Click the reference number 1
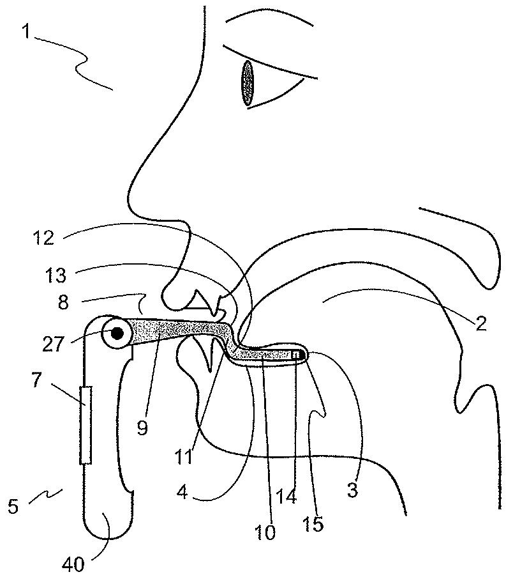pyautogui.click(x=26, y=32)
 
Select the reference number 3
pyautogui.click(x=352, y=491)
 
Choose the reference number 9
pyautogui.click(x=142, y=426)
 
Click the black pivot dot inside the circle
pyautogui.click(x=118, y=332)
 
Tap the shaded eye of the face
pyautogui.click(x=247, y=83)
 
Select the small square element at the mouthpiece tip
pyautogui.click(x=295, y=353)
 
